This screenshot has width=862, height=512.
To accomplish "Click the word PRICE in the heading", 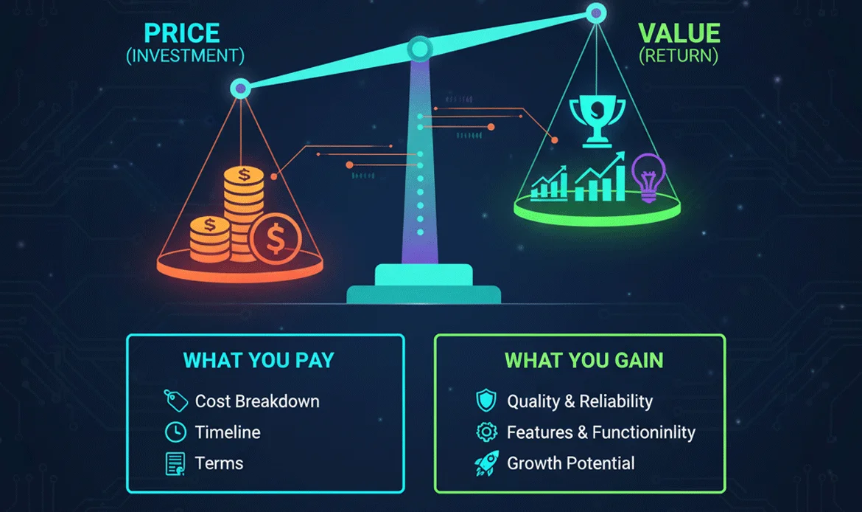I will coord(182,33).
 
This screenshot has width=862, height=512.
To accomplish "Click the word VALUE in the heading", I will coord(678,33).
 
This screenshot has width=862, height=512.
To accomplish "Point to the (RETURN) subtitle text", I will coord(678,56).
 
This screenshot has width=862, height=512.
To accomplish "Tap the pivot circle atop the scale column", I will coord(420,49).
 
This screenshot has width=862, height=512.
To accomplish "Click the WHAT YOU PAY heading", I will coord(259,360).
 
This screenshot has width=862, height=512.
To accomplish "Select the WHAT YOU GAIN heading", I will coord(584,360).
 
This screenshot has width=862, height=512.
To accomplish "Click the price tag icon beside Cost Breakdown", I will coord(175,401).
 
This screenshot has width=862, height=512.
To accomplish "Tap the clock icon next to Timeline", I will coord(175,432).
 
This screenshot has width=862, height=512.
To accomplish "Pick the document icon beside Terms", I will coord(175,463).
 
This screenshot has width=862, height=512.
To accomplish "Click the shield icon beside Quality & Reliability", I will coord(486,401).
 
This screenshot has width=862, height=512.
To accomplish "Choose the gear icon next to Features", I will coord(487,432).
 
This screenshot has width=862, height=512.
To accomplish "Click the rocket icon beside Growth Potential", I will coord(486,463).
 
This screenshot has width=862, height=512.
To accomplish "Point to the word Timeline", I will coord(228,432).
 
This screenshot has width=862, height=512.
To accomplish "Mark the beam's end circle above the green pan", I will coord(596,13).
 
